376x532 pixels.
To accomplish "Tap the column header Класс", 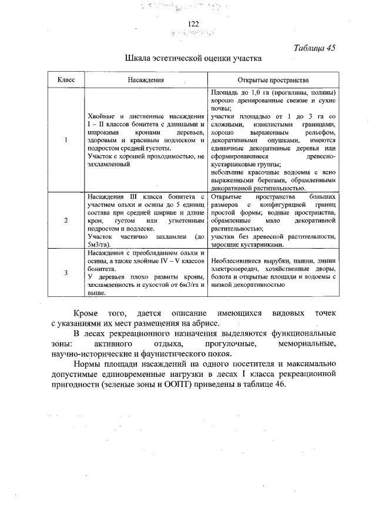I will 65,80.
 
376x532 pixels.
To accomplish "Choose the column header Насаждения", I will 146,80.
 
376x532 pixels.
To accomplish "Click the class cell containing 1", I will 65,140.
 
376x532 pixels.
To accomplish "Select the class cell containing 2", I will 65,220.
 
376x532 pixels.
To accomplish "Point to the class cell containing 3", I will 65,272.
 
